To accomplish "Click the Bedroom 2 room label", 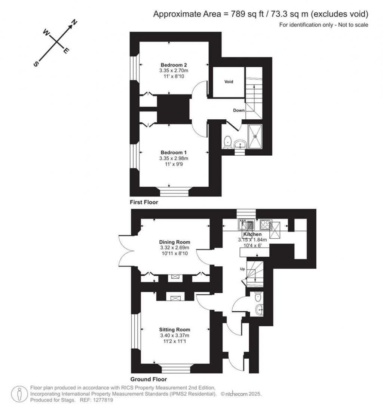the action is tap(174, 65).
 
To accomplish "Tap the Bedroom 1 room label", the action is tap(174, 153).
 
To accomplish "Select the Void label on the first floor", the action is tap(229, 82).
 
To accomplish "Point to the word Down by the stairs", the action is tap(239, 110).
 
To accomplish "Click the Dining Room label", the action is tap(174, 242).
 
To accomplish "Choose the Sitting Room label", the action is tap(174, 330).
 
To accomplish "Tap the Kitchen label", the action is tap(252, 234).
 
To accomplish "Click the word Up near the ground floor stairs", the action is tap(242, 269).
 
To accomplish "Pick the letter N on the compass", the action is tap(74, 22).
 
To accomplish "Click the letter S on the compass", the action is tap(36, 64).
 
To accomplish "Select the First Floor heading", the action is tap(144, 202).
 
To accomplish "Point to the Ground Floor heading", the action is tap(148, 379).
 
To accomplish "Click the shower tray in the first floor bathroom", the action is tap(255, 136).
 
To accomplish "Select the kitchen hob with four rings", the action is tap(266, 225).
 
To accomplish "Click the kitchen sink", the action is tap(246, 225).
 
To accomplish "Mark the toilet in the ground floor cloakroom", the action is tap(258, 297).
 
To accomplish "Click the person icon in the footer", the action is tap(19, 394).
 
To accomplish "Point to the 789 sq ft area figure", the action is tap(247, 14).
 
